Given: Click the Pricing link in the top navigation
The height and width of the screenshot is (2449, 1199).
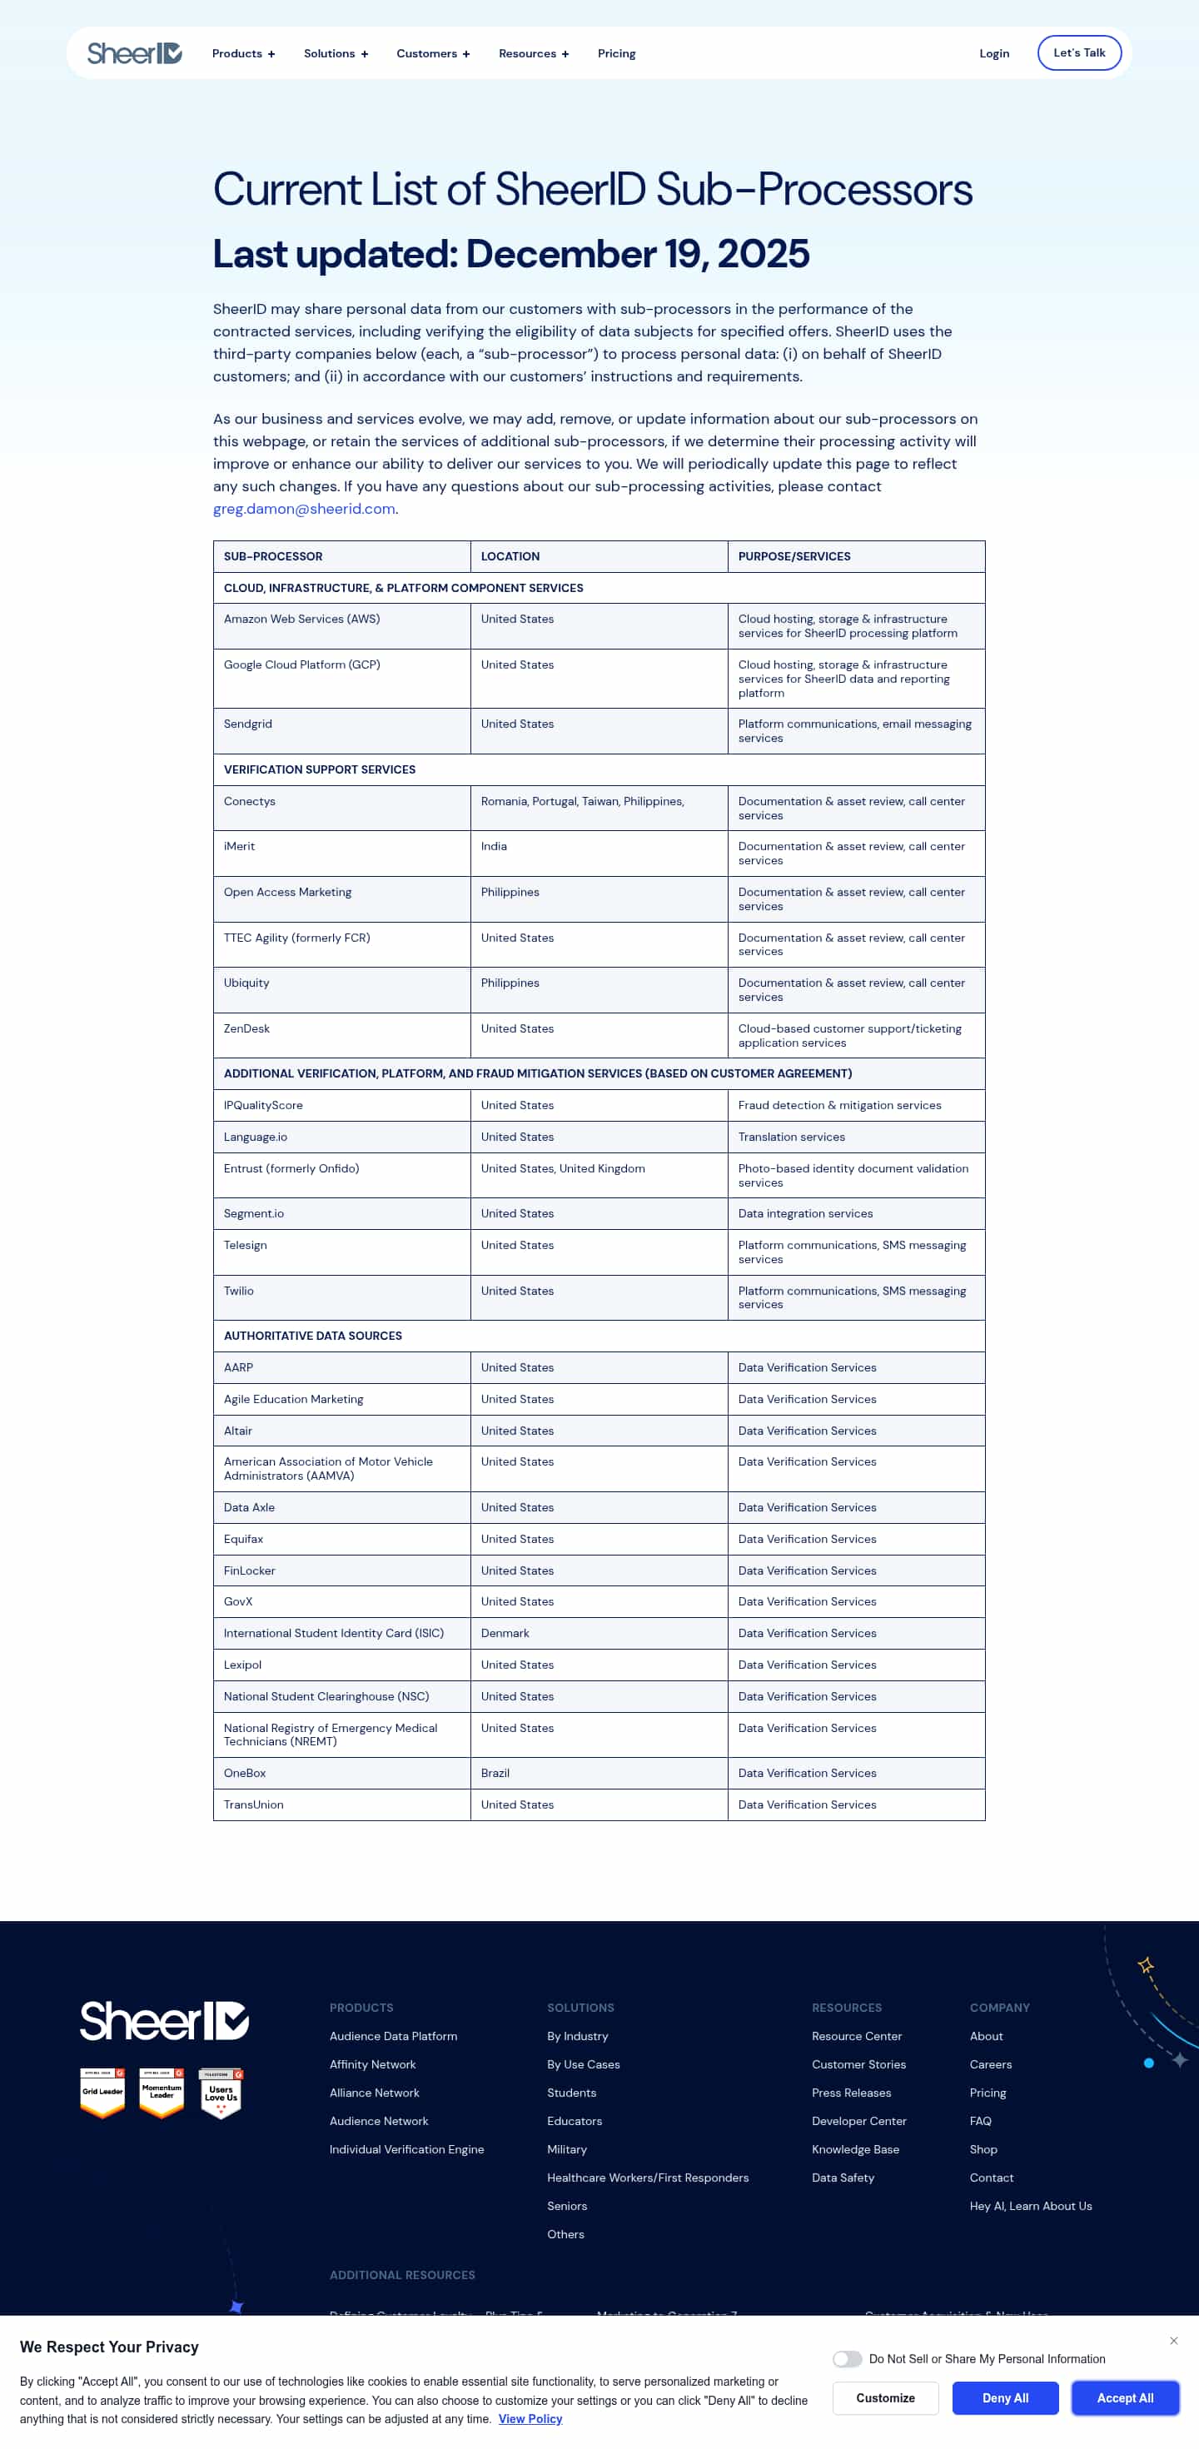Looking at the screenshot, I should [x=616, y=53].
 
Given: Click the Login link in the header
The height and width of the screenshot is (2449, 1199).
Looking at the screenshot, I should [x=993, y=53].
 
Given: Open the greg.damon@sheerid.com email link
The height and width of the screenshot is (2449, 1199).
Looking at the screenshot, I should [x=303, y=509].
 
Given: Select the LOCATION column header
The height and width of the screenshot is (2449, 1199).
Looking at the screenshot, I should [x=510, y=556].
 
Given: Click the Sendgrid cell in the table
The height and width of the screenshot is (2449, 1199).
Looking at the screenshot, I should [x=248, y=724].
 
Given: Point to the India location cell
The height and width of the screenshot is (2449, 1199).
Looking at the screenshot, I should [x=494, y=846].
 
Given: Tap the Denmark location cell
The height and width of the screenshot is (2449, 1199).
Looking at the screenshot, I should [x=505, y=1633].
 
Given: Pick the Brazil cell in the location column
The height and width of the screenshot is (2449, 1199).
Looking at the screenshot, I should [x=495, y=1773].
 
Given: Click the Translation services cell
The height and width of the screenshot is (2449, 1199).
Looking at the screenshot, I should [x=791, y=1137].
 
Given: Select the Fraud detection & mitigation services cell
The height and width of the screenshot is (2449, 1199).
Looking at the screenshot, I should [x=839, y=1106].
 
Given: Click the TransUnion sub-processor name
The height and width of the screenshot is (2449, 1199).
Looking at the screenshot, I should [x=253, y=1804].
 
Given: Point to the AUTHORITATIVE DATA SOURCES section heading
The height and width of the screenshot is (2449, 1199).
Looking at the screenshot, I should [x=313, y=1336].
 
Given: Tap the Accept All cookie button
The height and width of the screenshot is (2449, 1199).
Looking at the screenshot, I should [x=1125, y=2397].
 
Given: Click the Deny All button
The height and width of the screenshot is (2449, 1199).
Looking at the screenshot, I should [x=1005, y=2397].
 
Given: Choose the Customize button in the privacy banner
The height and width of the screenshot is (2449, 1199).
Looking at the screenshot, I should [x=885, y=2397].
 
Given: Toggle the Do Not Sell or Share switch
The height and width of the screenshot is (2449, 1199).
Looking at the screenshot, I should [x=846, y=2359].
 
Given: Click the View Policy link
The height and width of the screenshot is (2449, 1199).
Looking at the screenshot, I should [x=530, y=2418].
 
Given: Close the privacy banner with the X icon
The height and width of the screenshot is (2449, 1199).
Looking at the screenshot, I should [x=1173, y=2341].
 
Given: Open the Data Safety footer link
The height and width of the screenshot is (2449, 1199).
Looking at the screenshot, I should [x=843, y=2177].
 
